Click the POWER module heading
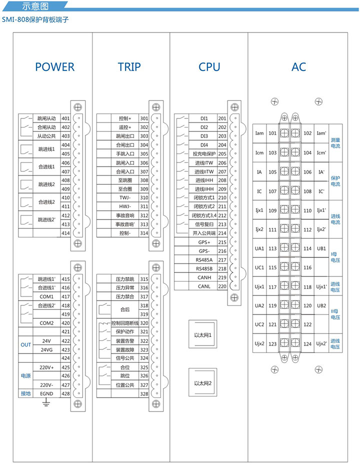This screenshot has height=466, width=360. click(54, 67)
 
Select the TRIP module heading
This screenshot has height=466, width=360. click(129, 67)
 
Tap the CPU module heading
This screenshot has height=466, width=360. click(209, 67)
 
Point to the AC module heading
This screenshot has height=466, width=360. click(298, 67)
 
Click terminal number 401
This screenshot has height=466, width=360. click(65, 118)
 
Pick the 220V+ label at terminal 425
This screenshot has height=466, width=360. click(46, 367)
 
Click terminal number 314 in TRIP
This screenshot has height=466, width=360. click(144, 233)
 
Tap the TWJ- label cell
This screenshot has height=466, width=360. click(124, 198)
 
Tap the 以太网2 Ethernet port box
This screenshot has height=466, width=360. click(203, 383)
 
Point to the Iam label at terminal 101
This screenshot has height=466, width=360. click(259, 133)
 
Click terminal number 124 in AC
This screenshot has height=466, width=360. click(307, 343)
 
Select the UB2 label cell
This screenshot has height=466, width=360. click(321, 305)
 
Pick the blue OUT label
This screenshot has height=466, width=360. click(25, 345)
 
